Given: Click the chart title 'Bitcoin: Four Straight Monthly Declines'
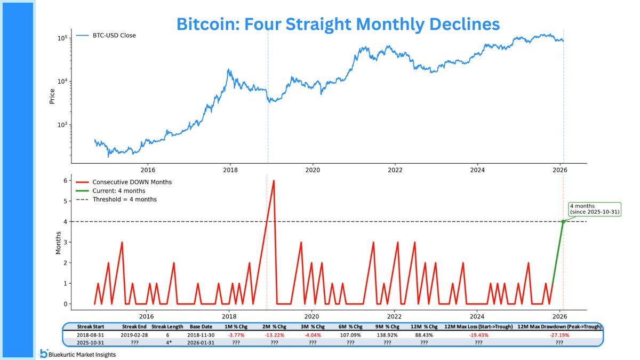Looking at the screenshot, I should (338, 24).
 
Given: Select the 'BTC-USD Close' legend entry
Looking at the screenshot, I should (106, 36).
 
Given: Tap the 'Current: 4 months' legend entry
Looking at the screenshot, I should (118, 190).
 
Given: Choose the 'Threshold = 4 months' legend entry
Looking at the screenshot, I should (124, 199).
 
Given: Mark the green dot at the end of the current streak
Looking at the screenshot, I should (563, 222).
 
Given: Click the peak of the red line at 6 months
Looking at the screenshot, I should (274, 181).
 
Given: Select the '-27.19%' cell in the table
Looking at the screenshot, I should (559, 335).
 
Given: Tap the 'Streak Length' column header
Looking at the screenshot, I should (167, 326).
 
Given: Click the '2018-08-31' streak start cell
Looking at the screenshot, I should (91, 335).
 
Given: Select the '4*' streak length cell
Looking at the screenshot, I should (167, 343).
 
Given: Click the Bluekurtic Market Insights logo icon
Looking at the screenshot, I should (43, 353).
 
